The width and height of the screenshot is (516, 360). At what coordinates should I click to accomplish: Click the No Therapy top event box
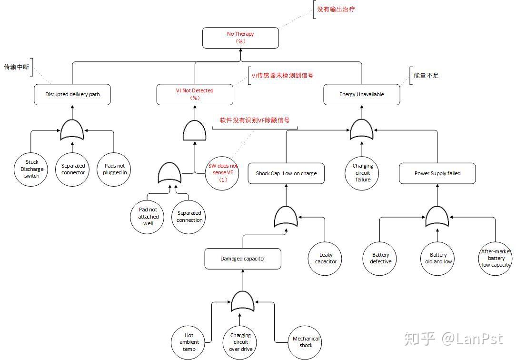240,38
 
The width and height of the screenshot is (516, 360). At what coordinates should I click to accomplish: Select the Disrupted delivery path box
72,94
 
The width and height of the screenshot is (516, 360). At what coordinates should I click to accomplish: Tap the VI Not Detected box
195,94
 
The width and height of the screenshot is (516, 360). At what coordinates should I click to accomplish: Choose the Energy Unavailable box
362,94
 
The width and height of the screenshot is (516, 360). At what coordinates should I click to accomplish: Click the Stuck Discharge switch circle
32,169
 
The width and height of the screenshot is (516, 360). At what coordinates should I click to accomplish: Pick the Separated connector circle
73,169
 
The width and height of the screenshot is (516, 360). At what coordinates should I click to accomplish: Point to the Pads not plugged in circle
115,169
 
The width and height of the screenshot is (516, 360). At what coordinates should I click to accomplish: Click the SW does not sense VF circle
223,172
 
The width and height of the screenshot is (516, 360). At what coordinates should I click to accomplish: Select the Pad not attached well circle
148,217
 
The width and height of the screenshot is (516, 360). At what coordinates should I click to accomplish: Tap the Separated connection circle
189,217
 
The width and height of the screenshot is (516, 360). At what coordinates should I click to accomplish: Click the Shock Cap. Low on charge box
286,173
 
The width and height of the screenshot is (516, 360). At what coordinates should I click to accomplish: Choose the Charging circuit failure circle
363,173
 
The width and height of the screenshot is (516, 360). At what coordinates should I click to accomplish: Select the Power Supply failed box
437,173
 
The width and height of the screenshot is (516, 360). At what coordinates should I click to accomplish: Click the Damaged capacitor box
243,259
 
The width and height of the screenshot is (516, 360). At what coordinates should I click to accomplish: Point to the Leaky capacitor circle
326,258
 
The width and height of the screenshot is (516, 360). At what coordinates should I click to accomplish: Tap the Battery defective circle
380,258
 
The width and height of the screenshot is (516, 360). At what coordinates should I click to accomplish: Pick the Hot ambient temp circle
189,342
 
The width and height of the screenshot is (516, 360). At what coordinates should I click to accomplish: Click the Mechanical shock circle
306,342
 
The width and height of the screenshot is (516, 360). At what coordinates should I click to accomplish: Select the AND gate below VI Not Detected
195,130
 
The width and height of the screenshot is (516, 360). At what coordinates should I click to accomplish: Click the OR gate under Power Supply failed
437,217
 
